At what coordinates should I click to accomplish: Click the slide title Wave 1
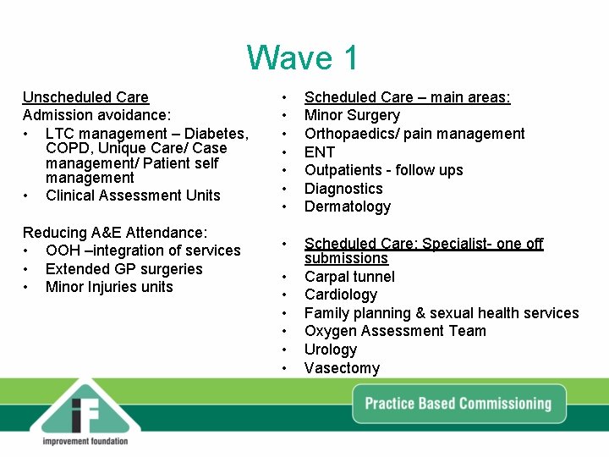[303, 58]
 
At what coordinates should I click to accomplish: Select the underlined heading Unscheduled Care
[85, 97]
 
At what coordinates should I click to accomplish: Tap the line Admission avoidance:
[96, 115]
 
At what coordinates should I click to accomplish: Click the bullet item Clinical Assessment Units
[133, 195]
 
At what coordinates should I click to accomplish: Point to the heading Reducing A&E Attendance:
[115, 233]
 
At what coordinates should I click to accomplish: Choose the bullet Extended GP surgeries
[124, 269]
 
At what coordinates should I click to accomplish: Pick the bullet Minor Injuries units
[109, 287]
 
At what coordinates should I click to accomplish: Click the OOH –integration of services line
[143, 251]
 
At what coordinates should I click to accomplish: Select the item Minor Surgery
[352, 115]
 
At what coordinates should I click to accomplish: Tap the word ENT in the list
[320, 152]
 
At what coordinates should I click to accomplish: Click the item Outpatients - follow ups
[383, 170]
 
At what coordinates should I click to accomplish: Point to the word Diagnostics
[343, 189]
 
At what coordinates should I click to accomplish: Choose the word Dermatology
[348, 206]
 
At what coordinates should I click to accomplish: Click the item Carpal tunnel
[349, 277]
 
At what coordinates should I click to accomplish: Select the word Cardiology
[341, 295]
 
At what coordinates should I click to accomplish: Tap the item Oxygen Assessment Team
[395, 331]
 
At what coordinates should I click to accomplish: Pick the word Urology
[331, 350]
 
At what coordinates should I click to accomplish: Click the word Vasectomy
[342, 368]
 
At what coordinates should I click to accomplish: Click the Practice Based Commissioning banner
[458, 404]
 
